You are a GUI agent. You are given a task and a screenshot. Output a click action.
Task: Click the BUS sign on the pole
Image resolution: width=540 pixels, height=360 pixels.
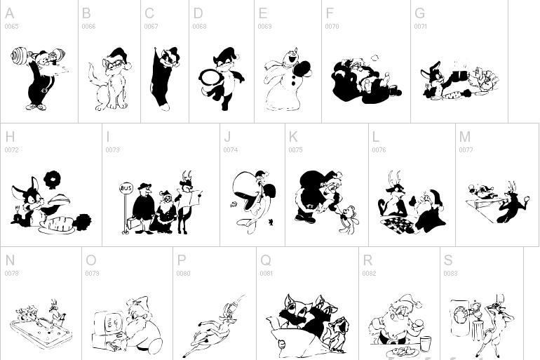click(x=126, y=188)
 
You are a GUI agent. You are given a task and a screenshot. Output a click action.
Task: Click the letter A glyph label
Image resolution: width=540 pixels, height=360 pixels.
click(x=9, y=13)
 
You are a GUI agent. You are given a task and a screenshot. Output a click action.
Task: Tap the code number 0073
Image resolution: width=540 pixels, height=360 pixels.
click(x=112, y=150)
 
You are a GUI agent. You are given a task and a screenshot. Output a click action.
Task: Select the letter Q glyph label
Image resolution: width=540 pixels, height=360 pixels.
click(x=266, y=260)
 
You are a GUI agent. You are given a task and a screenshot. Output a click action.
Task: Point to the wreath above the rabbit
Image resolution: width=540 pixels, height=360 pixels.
click(x=53, y=180)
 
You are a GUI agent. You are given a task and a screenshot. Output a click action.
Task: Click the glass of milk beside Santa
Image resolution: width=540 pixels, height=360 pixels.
click(x=426, y=344)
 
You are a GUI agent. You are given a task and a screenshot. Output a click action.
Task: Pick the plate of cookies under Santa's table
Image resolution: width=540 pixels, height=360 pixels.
click(x=403, y=352)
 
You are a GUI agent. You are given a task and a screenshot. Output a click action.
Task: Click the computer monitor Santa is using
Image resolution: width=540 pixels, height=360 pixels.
click(x=109, y=323)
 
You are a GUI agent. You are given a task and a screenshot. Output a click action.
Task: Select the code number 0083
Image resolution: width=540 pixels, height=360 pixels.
click(x=450, y=274)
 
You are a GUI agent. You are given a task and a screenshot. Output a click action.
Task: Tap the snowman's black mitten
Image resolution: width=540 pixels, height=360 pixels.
click(x=302, y=71)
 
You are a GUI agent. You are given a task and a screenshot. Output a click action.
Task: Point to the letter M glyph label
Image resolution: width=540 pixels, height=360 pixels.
click(x=464, y=137)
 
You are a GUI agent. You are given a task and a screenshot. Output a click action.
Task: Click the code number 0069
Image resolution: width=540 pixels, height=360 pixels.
click(x=264, y=27)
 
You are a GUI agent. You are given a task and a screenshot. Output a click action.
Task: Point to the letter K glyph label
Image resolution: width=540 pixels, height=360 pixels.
click(x=293, y=137)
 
